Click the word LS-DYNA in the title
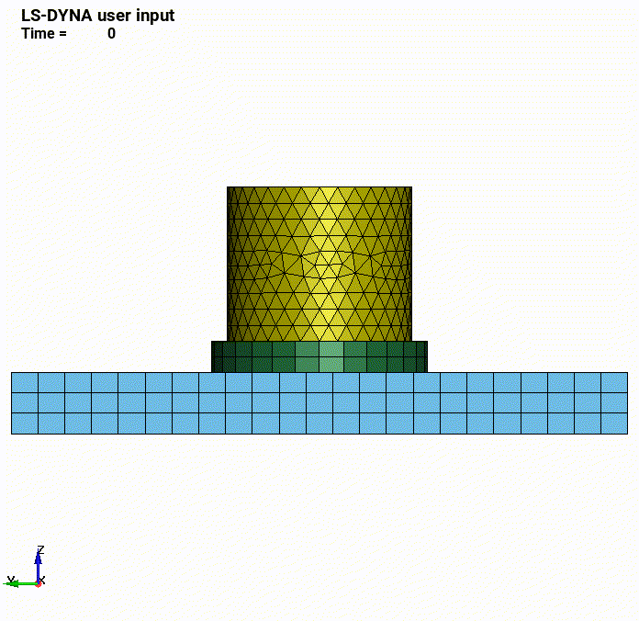57,16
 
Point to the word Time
39,33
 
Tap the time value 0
112,33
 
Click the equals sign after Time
62,34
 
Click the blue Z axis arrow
38,567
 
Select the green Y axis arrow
20,584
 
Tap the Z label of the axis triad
40,549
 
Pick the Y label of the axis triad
11,580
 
